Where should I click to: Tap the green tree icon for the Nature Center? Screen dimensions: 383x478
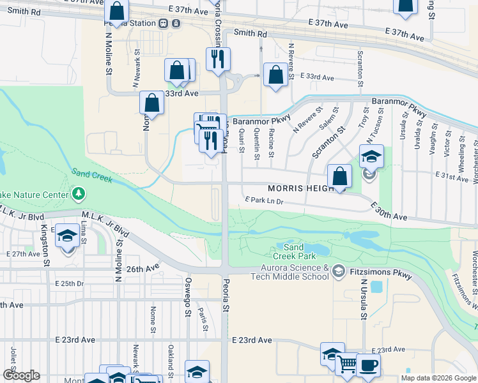pos(79,192)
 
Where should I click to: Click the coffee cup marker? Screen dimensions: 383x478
pos(368,365)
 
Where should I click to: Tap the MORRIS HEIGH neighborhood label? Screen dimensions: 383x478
pos(300,189)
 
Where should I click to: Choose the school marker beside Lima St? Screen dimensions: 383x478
pos(67,236)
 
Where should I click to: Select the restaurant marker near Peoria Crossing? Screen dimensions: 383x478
pos(218,59)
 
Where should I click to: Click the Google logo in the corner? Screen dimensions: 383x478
pos(20,375)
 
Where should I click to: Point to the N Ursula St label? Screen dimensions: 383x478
pos(362,298)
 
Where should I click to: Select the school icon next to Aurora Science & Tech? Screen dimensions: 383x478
pos(337,272)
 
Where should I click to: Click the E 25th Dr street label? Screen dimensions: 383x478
pos(69,283)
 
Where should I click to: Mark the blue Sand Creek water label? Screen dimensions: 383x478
pos(92,175)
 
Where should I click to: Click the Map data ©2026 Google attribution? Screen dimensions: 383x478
pos(438,378)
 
